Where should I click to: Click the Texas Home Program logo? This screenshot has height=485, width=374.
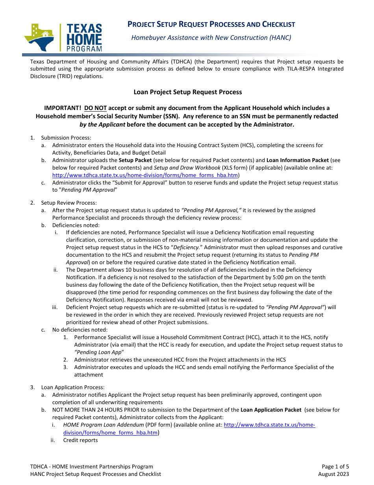pyautogui.click(x=63, y=37)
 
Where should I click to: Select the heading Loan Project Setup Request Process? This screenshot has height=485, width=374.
pyautogui.click(x=187, y=92)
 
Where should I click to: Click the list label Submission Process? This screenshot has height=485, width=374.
pyautogui.click(x=66, y=138)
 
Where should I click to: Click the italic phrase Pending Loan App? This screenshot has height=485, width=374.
pyautogui.click(x=99, y=352)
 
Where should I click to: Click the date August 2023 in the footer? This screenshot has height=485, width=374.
pyautogui.click(x=333, y=474)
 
